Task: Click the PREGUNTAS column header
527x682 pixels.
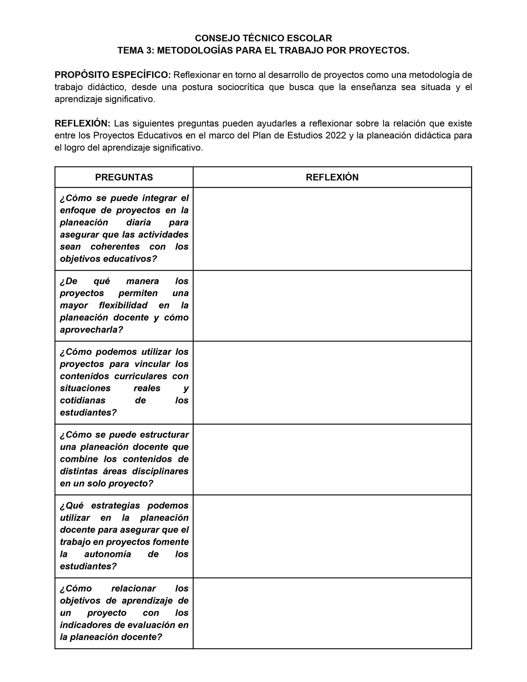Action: coord(124,177)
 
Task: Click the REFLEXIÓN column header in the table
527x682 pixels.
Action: coord(332,177)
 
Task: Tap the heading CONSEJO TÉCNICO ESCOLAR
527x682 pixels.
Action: coord(263,38)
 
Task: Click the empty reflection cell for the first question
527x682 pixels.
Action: coord(332,229)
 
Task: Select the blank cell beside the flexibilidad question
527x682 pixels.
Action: coord(332,306)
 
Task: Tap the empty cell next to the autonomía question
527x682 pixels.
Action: coord(332,536)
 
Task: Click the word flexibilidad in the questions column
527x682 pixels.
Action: coord(123,305)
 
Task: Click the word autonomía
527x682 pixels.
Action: coord(108,554)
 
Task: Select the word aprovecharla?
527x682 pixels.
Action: coord(92,330)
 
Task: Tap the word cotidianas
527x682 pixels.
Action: coord(83,400)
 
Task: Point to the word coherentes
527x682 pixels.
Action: coord(115,247)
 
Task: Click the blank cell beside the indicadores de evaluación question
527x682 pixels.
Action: coord(332,613)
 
